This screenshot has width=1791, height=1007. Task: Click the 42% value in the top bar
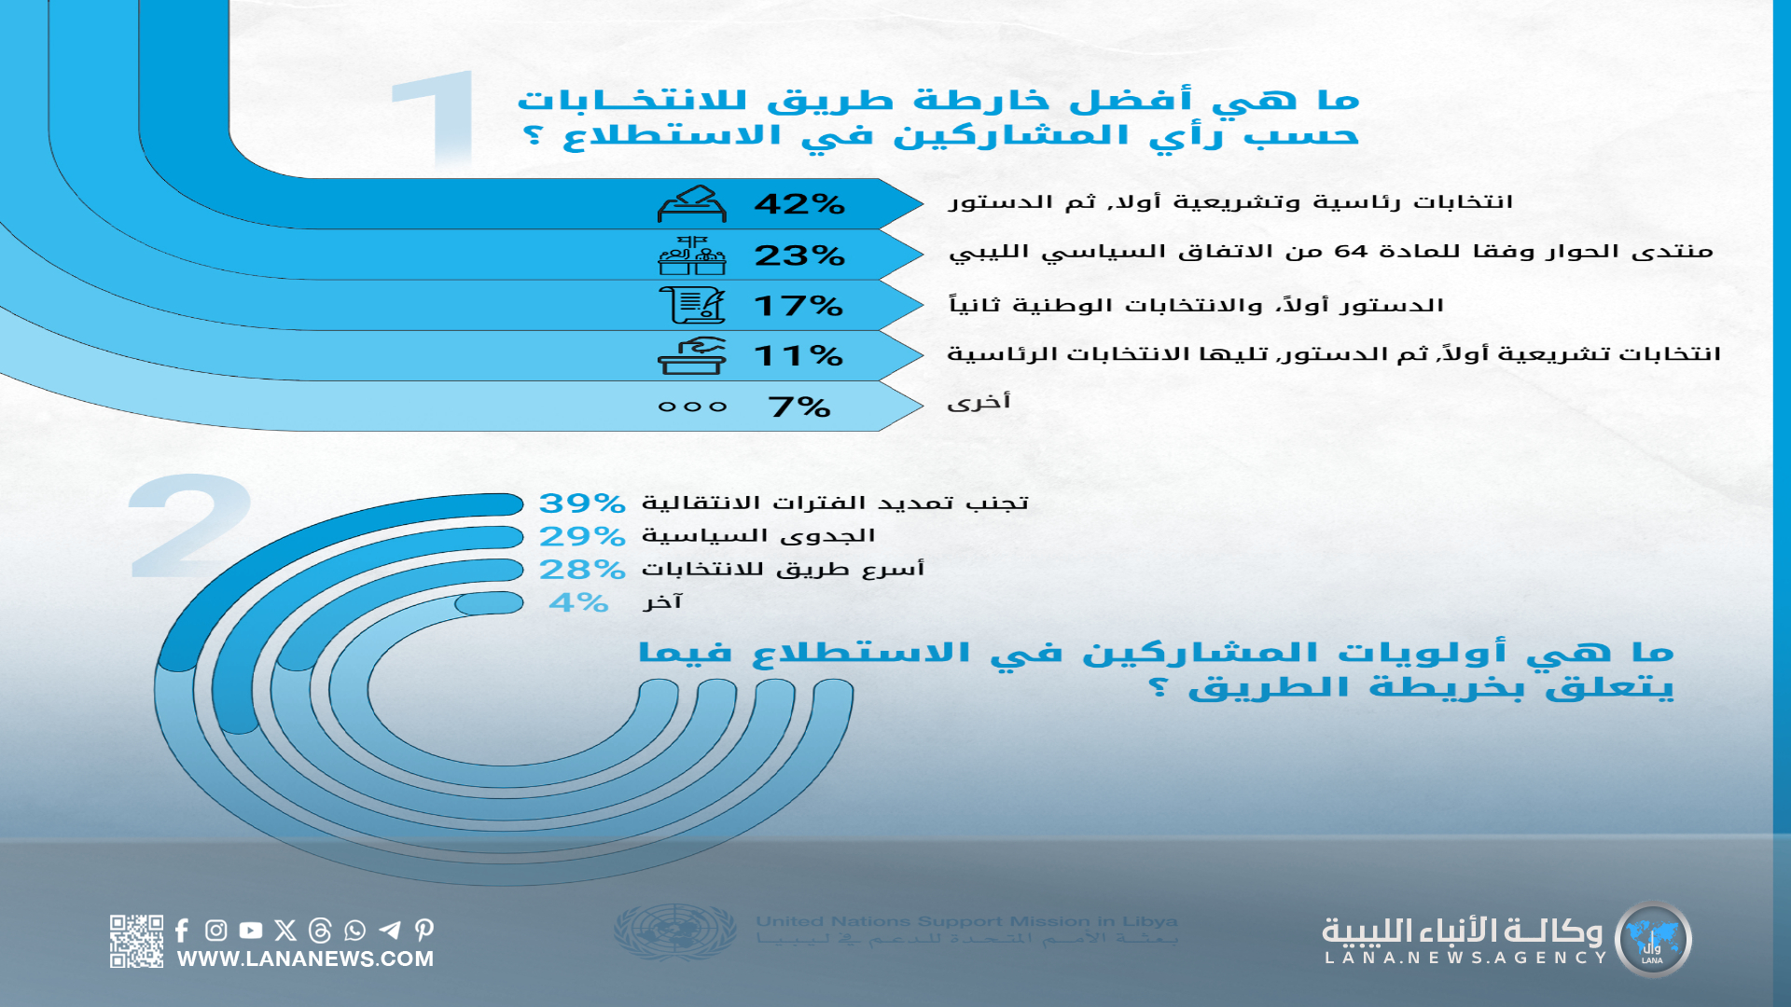[799, 203]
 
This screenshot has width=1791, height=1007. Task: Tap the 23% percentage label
[799, 255]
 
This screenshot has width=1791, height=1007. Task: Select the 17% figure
[798, 306]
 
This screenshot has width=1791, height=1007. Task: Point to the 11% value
[798, 355]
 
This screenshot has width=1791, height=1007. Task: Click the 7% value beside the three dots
[799, 407]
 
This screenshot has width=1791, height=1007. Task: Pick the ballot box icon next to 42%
[691, 203]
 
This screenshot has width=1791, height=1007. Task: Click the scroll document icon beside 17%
[691, 304]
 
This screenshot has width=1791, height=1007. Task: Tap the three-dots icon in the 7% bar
[692, 407]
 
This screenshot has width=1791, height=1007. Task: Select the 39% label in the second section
[582, 504]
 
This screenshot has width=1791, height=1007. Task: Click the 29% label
[582, 536]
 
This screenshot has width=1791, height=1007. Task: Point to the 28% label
[582, 569]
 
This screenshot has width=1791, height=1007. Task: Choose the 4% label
[578, 602]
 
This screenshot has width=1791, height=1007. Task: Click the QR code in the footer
[136, 941]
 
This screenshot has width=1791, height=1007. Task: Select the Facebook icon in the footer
[182, 930]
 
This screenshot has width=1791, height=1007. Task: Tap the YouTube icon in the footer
[250, 930]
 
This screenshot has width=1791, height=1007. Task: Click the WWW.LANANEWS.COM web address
[305, 959]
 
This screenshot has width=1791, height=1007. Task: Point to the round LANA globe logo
[1653, 940]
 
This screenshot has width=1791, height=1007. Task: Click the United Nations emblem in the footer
[675, 931]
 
